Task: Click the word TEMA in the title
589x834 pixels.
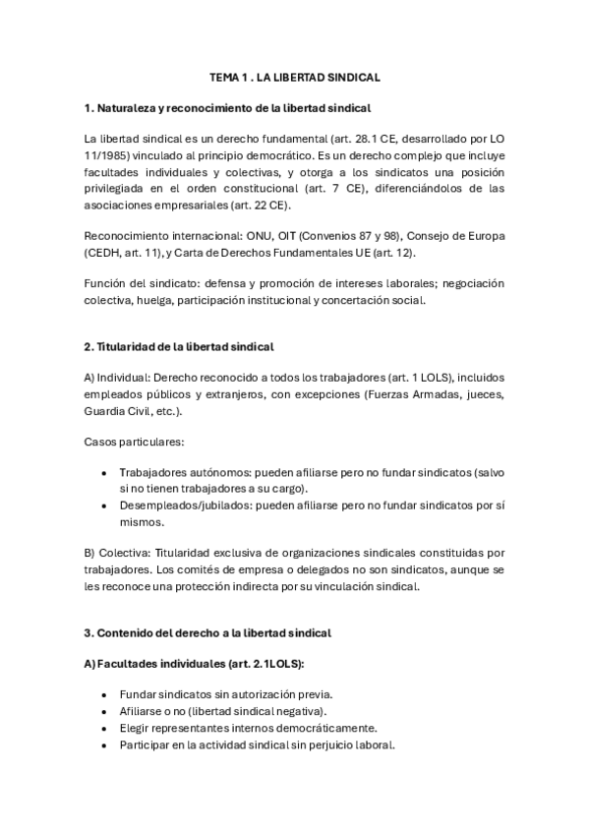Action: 224,76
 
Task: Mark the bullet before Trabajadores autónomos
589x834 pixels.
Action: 104,472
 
